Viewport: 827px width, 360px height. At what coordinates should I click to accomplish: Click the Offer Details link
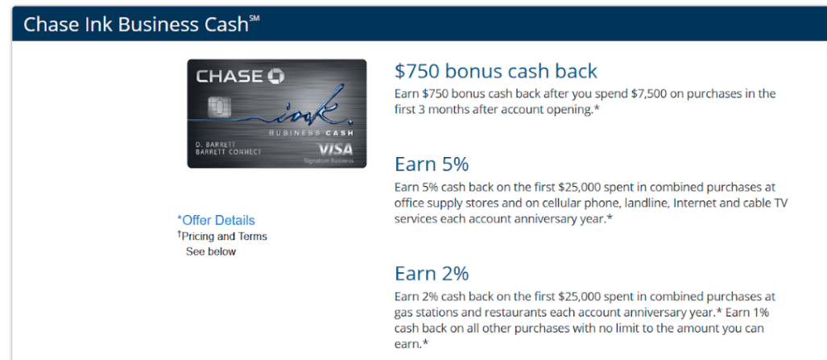pyautogui.click(x=217, y=220)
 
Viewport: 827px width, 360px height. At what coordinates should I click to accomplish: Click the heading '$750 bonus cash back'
pyautogui.click(x=496, y=71)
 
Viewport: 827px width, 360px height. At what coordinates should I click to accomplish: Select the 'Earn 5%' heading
pyautogui.click(x=432, y=164)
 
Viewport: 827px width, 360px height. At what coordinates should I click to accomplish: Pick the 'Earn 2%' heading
pyautogui.click(x=432, y=274)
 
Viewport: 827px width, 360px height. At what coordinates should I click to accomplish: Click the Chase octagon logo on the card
pyautogui.click(x=276, y=77)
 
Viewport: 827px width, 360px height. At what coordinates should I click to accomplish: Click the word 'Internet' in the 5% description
pyautogui.click(x=693, y=203)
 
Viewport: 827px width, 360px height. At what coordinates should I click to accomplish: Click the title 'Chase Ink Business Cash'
pyautogui.click(x=135, y=25)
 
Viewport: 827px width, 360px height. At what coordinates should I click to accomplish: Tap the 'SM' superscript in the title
pyautogui.click(x=254, y=19)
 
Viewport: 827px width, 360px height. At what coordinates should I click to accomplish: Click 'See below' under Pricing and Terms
pyautogui.click(x=210, y=252)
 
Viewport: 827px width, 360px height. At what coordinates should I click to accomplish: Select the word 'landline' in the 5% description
pyautogui.click(x=647, y=203)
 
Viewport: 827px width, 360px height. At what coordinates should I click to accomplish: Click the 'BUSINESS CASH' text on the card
pyautogui.click(x=311, y=133)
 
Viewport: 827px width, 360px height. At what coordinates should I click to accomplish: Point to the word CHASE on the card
pyautogui.click(x=229, y=77)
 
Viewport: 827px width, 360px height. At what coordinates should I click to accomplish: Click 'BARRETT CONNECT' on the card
pyautogui.click(x=229, y=152)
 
